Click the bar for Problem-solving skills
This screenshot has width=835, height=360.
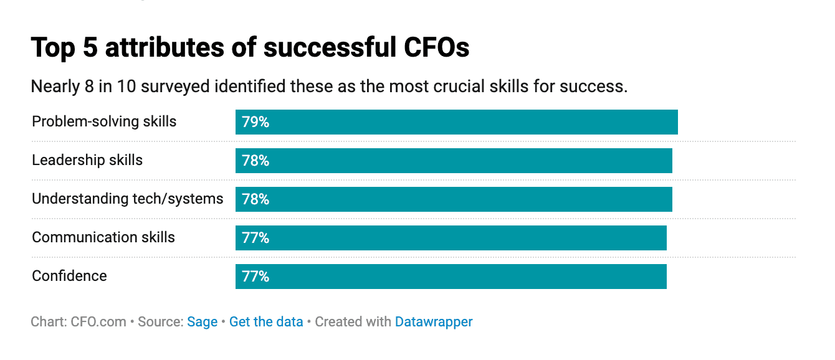point(456,122)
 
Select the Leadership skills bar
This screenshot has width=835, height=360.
point(454,161)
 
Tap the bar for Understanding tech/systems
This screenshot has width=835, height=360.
point(454,199)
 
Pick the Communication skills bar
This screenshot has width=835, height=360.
point(451,238)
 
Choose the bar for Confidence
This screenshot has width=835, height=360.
point(451,277)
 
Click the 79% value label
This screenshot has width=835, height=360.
point(255,122)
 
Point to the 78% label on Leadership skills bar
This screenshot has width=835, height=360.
point(255,161)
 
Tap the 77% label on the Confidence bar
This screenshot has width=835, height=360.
point(255,277)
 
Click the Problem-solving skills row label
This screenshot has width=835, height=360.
point(104,121)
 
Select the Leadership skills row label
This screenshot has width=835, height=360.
point(87,160)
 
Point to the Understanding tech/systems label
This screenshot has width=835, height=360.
point(127,199)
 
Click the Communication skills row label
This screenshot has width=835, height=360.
point(103,237)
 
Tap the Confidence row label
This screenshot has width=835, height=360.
point(69,276)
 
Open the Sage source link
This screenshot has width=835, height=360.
point(202,322)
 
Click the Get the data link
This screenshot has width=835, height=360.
point(266,322)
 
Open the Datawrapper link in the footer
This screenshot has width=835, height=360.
point(434,322)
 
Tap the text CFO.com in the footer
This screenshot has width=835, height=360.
point(100,322)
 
